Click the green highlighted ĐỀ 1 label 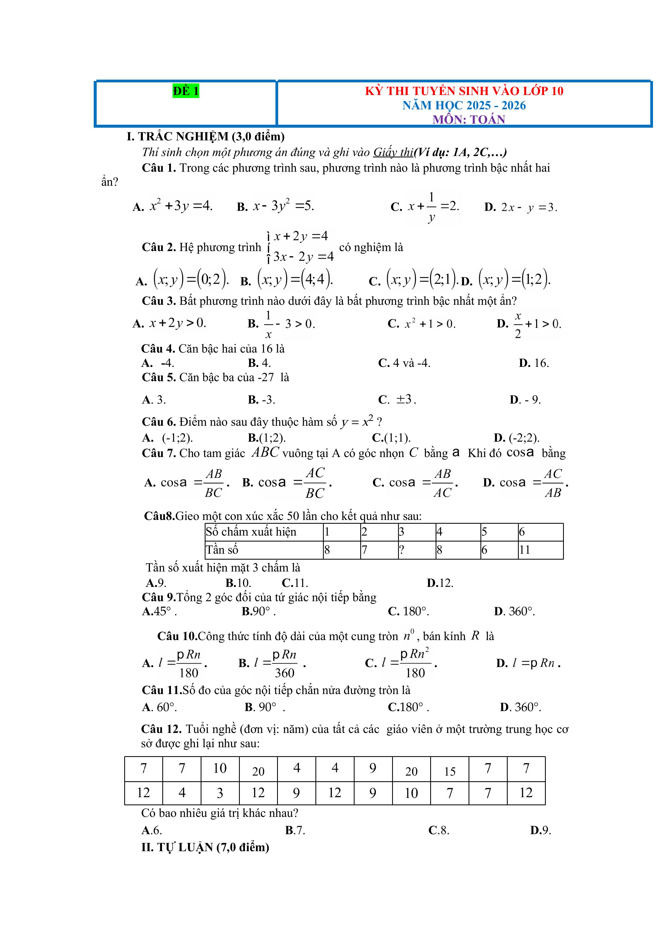pos(186,91)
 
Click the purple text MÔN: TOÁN pos(469,120)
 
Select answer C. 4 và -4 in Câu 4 pos(404,363)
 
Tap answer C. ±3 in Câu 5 pos(397,399)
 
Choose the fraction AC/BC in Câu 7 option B pos(315,483)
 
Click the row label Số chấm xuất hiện pos(251,532)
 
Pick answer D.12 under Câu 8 pos(440,583)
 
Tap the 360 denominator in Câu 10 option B pos(285,673)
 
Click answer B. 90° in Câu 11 pos(261,707)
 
